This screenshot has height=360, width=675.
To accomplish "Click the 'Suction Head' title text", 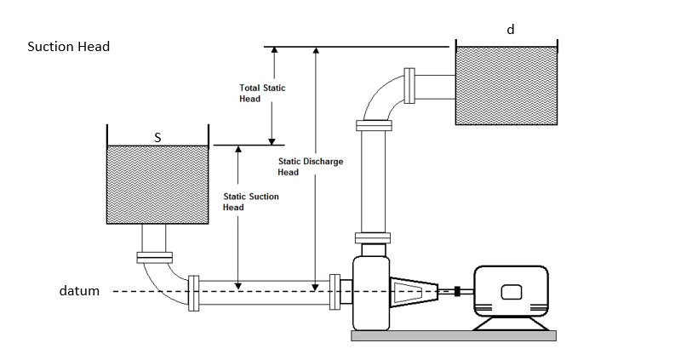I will (x=69, y=47).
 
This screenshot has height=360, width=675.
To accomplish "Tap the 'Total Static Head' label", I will (x=261, y=93).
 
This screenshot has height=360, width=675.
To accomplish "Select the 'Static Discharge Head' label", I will (x=311, y=167).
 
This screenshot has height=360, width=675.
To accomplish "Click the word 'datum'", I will (x=79, y=291).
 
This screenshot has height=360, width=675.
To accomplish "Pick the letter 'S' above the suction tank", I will (x=157, y=136).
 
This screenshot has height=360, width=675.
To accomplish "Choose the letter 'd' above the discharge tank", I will (x=511, y=30).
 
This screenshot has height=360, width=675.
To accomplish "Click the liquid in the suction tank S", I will (x=157, y=184).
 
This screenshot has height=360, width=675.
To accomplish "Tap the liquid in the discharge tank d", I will (x=507, y=84).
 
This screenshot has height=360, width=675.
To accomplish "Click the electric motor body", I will (x=511, y=292).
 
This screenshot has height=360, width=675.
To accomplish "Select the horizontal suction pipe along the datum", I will (x=264, y=292).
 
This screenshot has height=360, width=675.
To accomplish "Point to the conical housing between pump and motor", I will (x=414, y=292).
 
